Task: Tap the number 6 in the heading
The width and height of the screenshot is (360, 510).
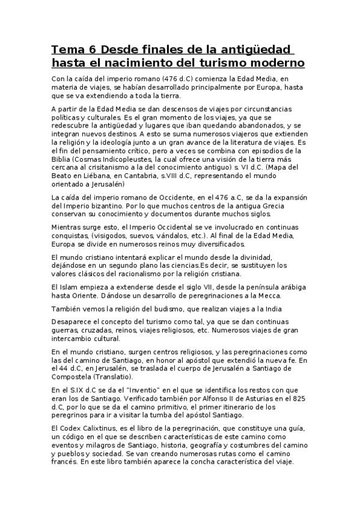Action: pyautogui.click(x=96, y=49)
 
